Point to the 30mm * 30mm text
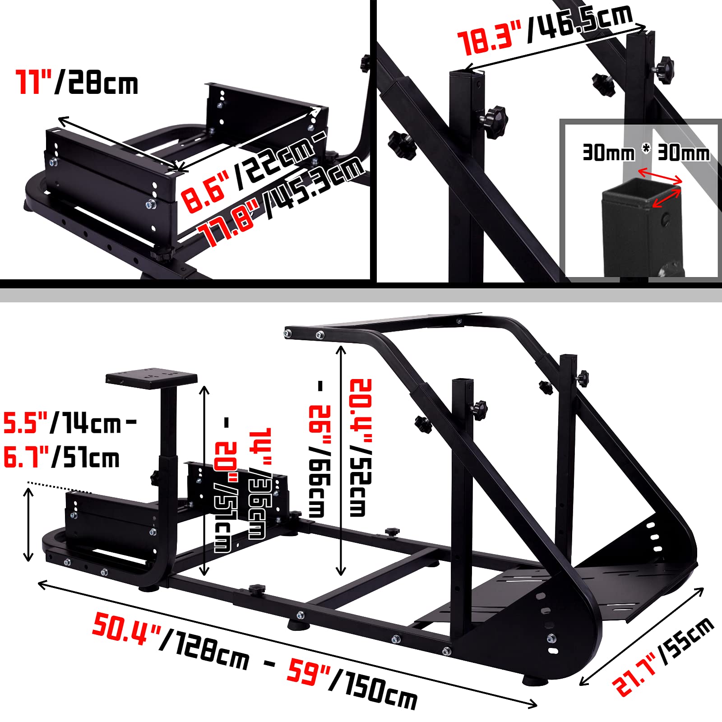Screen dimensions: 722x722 coord(645,153)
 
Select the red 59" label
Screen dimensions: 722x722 coord(310,672)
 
